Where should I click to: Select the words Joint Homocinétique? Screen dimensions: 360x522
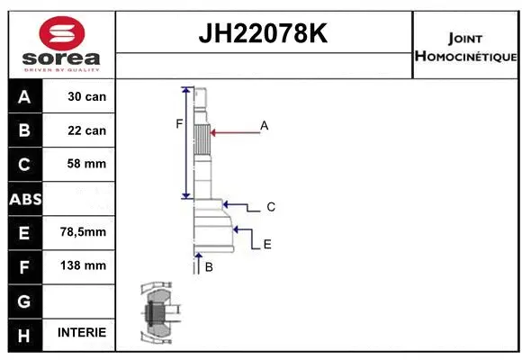click(x=465, y=48)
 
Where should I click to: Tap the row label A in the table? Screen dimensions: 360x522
click(x=24, y=96)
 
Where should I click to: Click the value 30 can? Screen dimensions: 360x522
click(x=87, y=96)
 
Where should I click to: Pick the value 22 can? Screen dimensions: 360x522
click(x=87, y=130)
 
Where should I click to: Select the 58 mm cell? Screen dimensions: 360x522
click(x=87, y=164)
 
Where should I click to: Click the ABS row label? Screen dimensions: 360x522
click(x=24, y=198)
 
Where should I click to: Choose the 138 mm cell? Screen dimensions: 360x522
click(x=87, y=265)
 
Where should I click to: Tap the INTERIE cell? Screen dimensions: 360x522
click(x=82, y=332)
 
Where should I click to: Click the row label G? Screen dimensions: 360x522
click(x=24, y=300)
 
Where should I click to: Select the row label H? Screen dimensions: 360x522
click(x=24, y=333)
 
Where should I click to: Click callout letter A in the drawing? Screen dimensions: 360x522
click(x=265, y=126)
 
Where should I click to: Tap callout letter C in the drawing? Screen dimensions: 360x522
click(x=270, y=207)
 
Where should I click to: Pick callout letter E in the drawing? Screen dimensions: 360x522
click(x=267, y=244)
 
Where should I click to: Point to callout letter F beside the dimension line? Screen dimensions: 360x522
click(x=179, y=124)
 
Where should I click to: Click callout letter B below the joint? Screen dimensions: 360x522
click(x=208, y=267)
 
